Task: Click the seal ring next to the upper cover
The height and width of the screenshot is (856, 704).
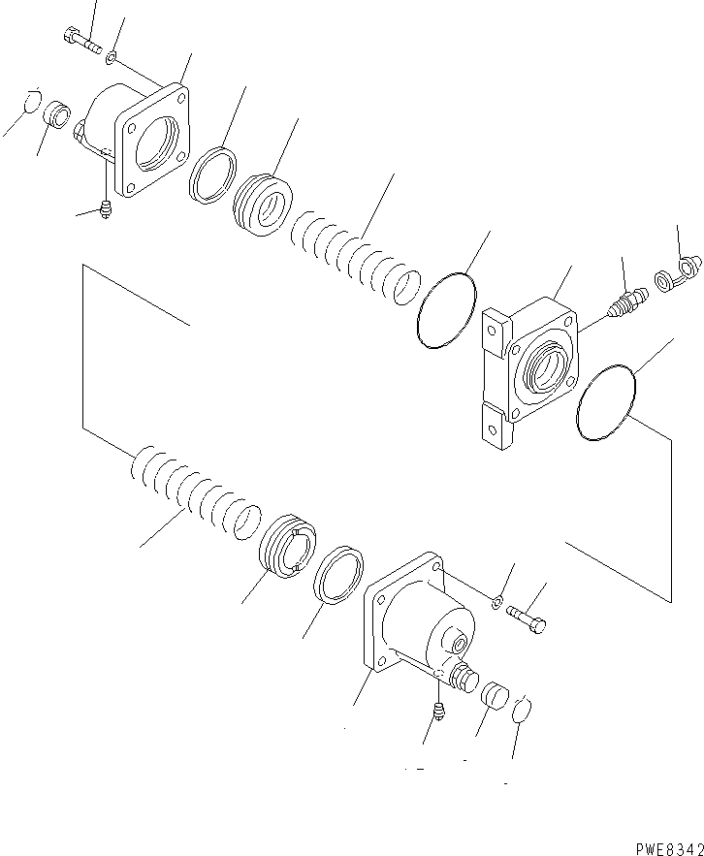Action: tap(213, 173)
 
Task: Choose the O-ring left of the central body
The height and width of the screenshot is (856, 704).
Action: tap(446, 307)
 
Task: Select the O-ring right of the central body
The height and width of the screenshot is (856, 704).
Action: tap(605, 401)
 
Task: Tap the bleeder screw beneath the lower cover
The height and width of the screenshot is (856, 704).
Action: tap(438, 713)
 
